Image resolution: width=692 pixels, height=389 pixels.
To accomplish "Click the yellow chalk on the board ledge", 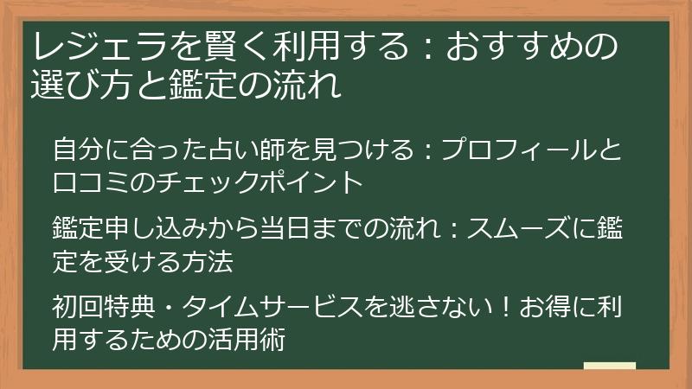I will coord(610,366).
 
